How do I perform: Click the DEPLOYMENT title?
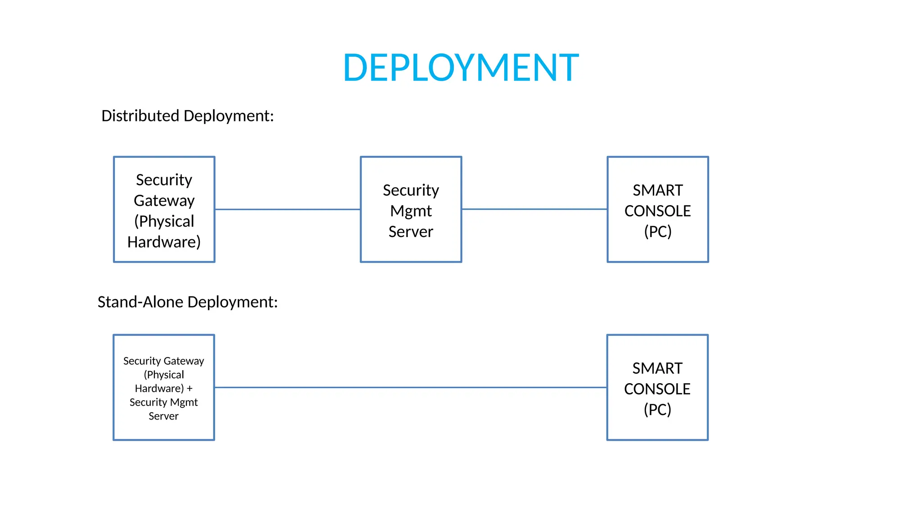pos(461,67)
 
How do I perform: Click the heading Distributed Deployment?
pos(187,116)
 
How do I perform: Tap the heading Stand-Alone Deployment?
pos(187,302)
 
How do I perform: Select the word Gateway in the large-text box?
pos(164,201)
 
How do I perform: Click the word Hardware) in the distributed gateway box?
pos(164,242)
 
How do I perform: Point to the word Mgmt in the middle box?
pos(411,211)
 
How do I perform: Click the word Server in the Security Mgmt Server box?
pos(411,232)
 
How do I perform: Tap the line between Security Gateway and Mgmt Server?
pos(287,209)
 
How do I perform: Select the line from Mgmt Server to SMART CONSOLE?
pos(534,209)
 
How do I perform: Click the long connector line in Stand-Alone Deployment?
pos(411,387)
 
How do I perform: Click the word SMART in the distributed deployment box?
pos(658,190)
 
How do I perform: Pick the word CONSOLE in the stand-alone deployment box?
pos(657,389)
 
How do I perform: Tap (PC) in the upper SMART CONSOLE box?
pos(658,232)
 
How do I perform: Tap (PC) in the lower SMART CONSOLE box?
pos(657,410)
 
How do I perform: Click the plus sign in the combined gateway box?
pos(190,388)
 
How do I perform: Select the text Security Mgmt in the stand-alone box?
pos(163,402)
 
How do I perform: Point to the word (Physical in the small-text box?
pos(164,375)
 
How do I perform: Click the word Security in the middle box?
pos(411,190)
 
